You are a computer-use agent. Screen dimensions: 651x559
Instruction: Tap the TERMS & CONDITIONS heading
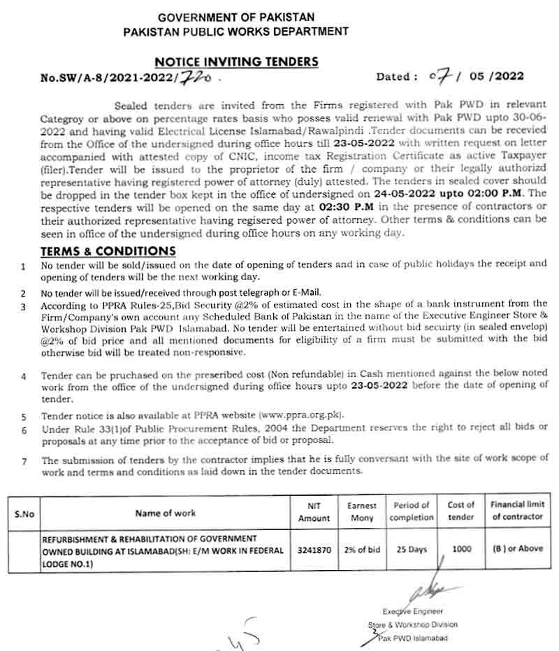click(x=108, y=251)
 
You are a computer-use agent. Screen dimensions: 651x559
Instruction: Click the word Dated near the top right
click(x=397, y=76)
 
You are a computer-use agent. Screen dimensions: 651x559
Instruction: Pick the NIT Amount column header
click(x=314, y=512)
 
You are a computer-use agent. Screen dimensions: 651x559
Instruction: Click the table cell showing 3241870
click(x=314, y=550)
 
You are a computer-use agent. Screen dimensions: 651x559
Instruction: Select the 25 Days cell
click(x=412, y=550)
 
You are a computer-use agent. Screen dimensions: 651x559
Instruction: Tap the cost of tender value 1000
click(x=461, y=550)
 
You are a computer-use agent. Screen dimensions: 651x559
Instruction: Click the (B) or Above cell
click(x=517, y=549)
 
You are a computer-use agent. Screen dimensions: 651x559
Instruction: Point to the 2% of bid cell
click(x=362, y=550)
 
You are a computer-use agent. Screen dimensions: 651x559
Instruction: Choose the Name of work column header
click(x=166, y=513)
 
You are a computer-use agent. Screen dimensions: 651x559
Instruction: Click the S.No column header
click(x=24, y=514)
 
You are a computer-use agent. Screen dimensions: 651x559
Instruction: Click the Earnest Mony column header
click(x=362, y=512)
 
